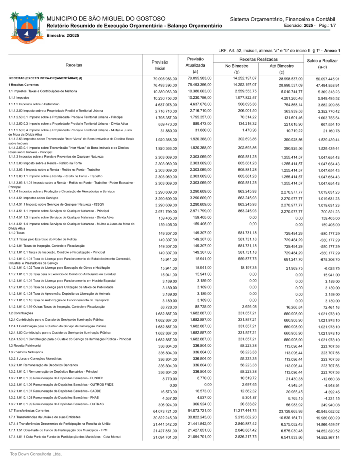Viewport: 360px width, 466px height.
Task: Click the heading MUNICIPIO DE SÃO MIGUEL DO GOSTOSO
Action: point(106,19)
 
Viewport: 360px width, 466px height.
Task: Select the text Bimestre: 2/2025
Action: point(63,36)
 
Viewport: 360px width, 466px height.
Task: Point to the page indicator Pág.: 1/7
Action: point(327,25)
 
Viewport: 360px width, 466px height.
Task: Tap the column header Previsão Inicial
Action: point(160,65)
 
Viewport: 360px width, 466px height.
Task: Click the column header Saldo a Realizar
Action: point(322,64)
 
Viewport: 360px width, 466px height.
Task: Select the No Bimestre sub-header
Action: point(237,66)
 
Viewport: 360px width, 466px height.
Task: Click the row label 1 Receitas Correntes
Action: point(24,85)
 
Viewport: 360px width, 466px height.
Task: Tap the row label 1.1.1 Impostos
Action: point(19,98)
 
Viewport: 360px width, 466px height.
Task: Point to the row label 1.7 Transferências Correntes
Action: point(29,410)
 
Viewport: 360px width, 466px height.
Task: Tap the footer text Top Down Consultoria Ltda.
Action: point(36,454)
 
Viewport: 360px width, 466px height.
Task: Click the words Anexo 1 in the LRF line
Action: point(332,51)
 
